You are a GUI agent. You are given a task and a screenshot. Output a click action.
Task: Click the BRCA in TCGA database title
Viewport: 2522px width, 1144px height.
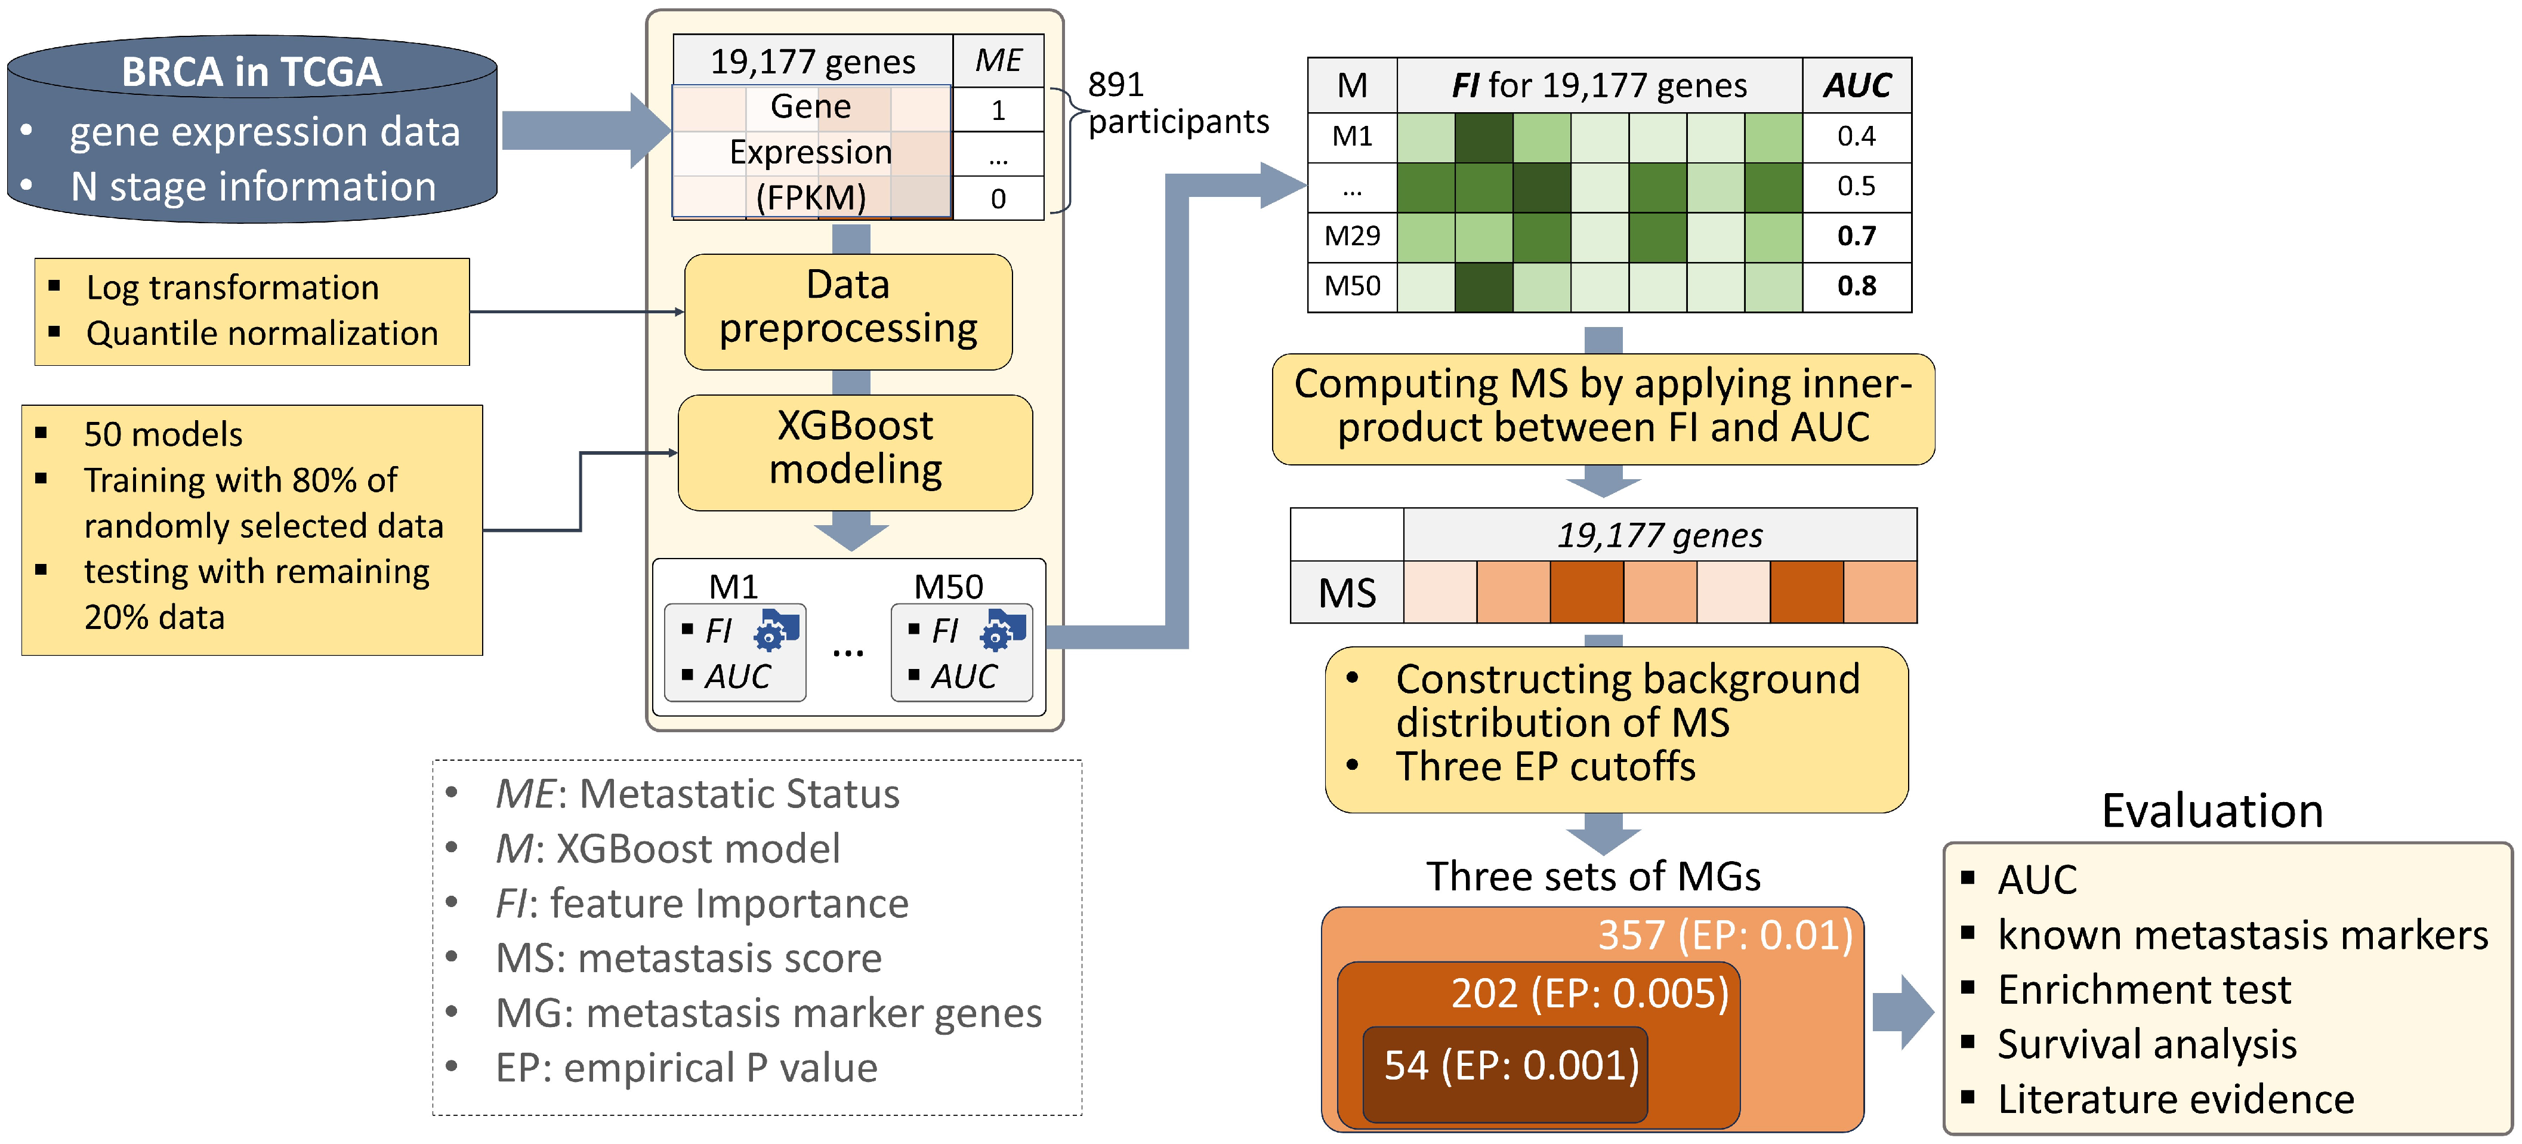pyautogui.click(x=252, y=72)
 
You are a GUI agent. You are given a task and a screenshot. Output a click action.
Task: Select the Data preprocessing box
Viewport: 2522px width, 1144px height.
pyautogui.click(x=848, y=307)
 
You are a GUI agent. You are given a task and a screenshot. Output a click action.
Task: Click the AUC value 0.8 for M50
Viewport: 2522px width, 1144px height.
pyautogui.click(x=1856, y=286)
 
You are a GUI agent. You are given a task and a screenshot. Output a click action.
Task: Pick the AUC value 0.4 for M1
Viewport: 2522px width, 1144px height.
pyautogui.click(x=1856, y=136)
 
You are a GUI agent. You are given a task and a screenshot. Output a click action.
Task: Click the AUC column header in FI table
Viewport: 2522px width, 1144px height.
pyautogui.click(x=1856, y=85)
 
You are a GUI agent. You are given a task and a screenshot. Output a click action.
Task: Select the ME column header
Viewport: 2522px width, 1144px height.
pyautogui.click(x=998, y=61)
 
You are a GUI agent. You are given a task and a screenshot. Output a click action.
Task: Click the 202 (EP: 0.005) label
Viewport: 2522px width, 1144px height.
pyautogui.click(x=1589, y=993)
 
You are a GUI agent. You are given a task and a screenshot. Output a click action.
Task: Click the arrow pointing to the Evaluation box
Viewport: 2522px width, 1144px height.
pyautogui.click(x=1902, y=1012)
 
